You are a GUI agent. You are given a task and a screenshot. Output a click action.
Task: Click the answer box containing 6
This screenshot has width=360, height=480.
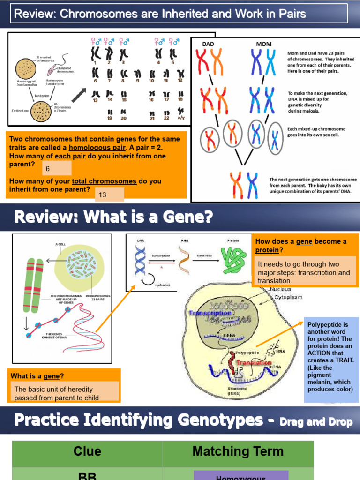[x=57, y=168]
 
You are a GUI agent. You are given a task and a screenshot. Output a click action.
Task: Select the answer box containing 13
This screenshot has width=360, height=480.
[x=109, y=195]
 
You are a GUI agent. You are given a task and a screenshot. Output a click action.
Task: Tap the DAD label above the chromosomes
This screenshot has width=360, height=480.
[x=208, y=44]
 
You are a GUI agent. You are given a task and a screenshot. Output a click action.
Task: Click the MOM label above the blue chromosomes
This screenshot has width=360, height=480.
[x=264, y=44]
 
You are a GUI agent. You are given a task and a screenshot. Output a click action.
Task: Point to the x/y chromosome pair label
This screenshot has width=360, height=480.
[x=180, y=118]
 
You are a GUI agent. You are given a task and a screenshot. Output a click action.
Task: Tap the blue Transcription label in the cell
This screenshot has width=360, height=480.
[x=210, y=313]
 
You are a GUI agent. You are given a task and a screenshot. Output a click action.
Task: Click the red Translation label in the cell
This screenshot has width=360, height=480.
[x=254, y=363]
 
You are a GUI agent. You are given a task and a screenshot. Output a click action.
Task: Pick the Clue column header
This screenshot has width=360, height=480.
[x=87, y=451]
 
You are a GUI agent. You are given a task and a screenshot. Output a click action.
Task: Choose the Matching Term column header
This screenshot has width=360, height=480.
[x=238, y=451]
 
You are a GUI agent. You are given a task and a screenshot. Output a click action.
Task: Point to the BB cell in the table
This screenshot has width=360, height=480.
[x=87, y=475]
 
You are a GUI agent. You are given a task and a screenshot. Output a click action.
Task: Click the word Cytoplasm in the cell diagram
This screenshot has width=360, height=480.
[x=288, y=297]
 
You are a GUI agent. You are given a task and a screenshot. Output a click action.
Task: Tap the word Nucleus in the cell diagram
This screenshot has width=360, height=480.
[x=280, y=289]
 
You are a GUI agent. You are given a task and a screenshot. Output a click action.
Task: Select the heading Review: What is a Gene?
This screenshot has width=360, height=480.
[x=113, y=217]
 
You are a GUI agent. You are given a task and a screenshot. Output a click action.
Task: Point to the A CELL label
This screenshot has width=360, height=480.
[x=60, y=244]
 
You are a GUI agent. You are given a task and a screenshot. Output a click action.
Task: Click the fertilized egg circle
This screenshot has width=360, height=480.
[x=41, y=111]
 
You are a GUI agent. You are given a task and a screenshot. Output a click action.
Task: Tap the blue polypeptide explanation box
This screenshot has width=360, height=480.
[x=331, y=360]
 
